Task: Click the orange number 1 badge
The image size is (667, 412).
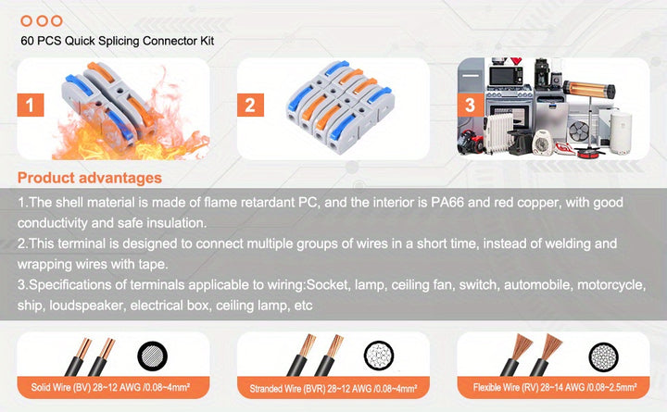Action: (31, 105)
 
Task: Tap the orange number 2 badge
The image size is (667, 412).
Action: (250, 105)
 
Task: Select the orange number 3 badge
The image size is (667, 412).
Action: (470, 105)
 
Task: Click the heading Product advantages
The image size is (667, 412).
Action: (90, 178)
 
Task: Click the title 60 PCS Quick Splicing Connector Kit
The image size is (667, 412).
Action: (118, 41)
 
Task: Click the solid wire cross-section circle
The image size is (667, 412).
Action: (152, 356)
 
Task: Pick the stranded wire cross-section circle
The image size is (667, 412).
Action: (379, 355)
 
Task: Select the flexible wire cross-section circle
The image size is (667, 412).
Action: (603, 356)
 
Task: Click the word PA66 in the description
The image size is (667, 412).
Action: (447, 203)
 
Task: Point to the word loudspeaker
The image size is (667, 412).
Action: (85, 306)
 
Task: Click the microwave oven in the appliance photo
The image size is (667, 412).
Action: (506, 76)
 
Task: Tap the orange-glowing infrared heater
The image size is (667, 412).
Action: (589, 89)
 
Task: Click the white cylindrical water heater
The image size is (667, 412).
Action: (621, 131)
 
